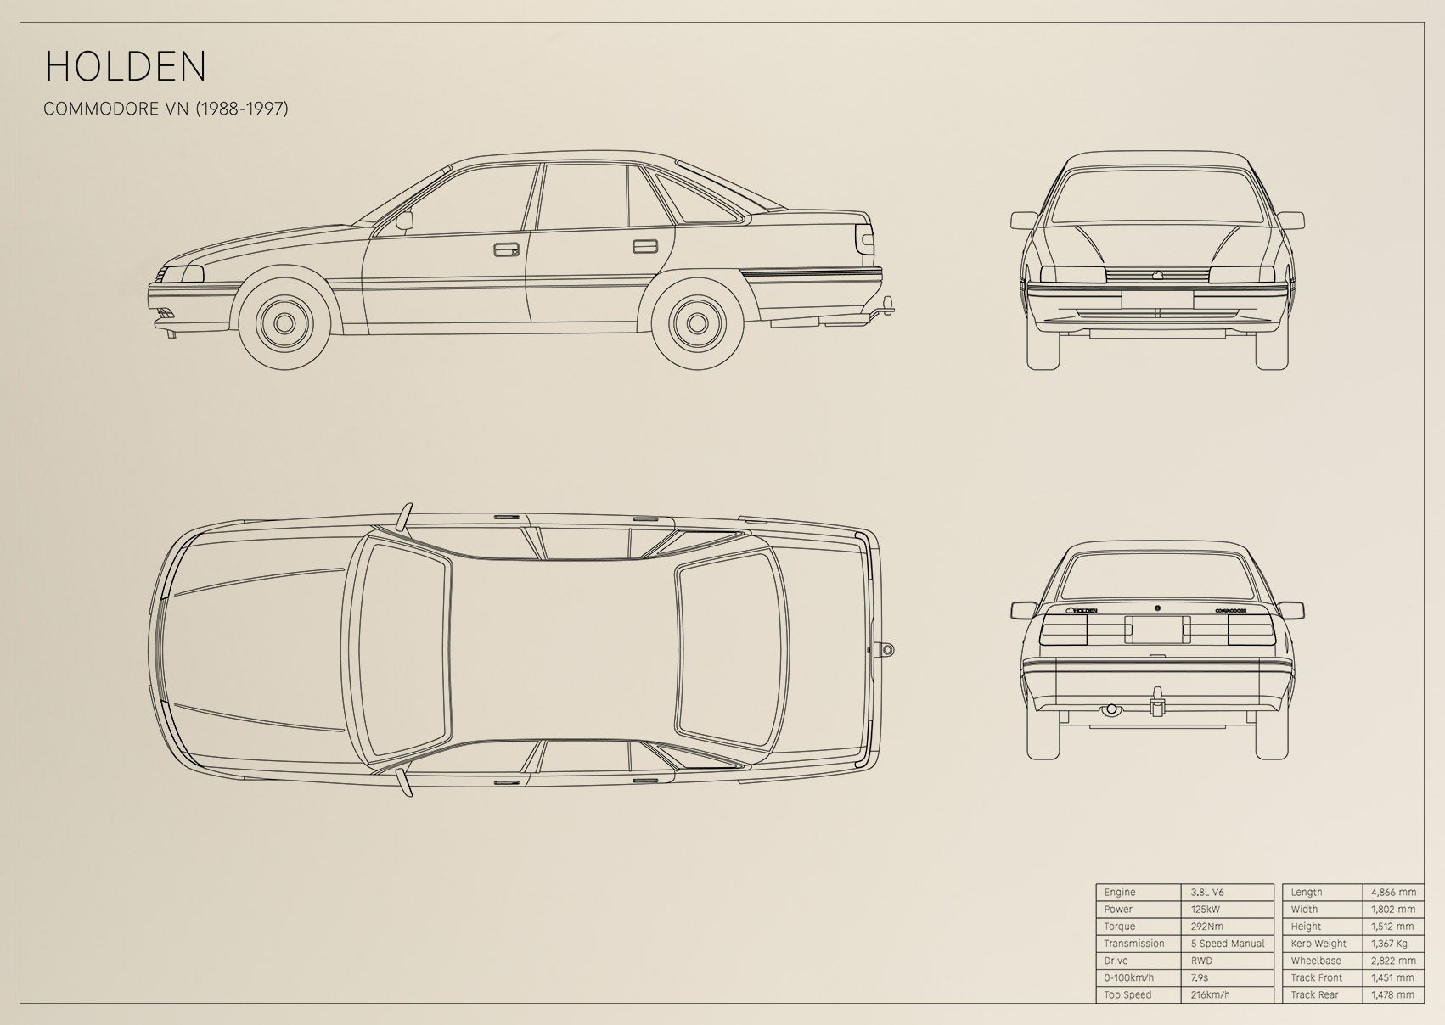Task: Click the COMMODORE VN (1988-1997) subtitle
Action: pyautogui.click(x=166, y=109)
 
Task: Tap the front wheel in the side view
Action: pyautogui.click(x=284, y=323)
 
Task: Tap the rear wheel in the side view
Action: pyautogui.click(x=697, y=323)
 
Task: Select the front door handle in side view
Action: pyautogui.click(x=506, y=249)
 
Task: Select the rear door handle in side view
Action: pyautogui.click(x=645, y=247)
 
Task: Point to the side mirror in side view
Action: pyautogui.click(x=404, y=221)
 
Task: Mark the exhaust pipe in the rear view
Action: pyautogui.click(x=1110, y=709)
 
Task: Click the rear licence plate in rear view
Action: pyautogui.click(x=1157, y=630)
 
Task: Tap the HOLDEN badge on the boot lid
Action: pyautogui.click(x=1082, y=610)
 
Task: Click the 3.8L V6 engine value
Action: pyautogui.click(x=1207, y=892)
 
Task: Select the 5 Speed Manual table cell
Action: pyautogui.click(x=1228, y=944)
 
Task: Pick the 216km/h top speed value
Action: pyautogui.click(x=1210, y=994)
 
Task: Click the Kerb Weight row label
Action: pyautogui.click(x=1318, y=944)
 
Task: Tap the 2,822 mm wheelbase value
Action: pyautogui.click(x=1393, y=961)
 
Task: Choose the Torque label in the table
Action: pyautogui.click(x=1119, y=927)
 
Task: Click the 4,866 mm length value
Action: pyautogui.click(x=1393, y=892)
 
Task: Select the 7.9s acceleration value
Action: pyautogui.click(x=1200, y=977)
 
